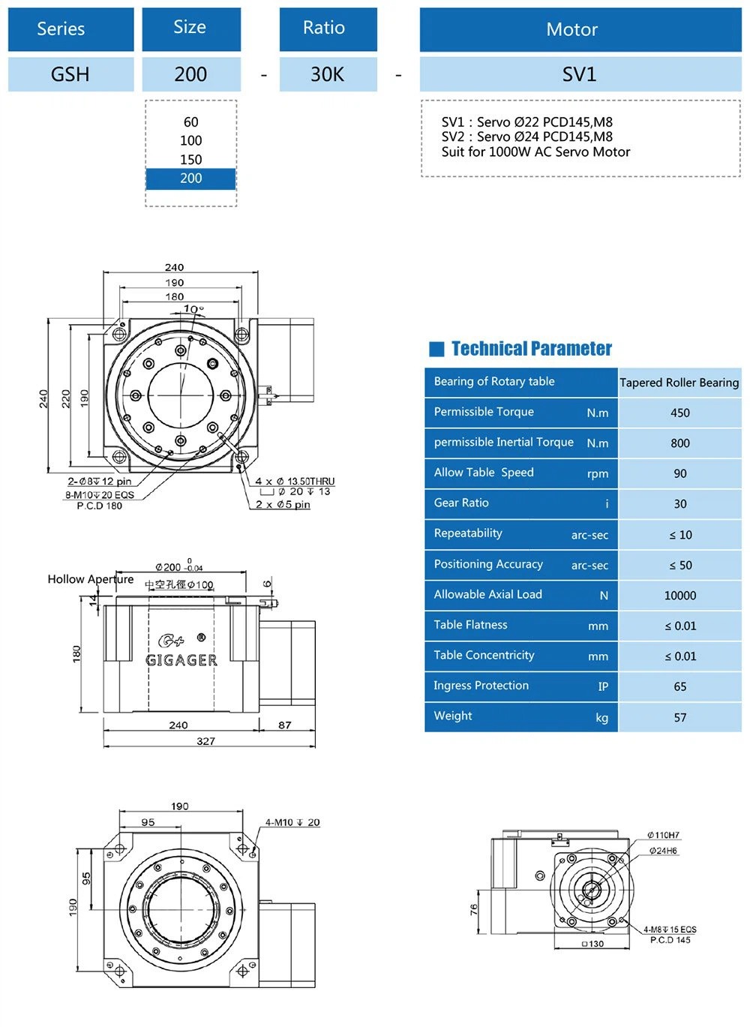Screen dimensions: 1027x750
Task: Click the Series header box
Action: (70, 29)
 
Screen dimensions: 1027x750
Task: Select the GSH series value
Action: (70, 74)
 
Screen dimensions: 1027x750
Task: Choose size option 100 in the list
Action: (190, 140)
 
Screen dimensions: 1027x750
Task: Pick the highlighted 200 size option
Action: (190, 179)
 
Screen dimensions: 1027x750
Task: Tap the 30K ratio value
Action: (328, 74)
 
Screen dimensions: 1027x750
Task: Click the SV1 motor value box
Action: (580, 74)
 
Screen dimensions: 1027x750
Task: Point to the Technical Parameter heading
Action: (531, 349)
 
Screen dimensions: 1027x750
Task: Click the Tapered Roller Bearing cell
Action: (679, 383)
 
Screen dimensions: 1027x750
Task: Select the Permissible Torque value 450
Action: (679, 413)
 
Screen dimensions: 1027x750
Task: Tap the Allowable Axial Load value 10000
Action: (679, 596)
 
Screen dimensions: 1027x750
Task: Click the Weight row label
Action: (453, 716)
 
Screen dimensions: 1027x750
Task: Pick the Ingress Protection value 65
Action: (679, 686)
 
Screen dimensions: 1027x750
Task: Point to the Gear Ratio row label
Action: (461, 503)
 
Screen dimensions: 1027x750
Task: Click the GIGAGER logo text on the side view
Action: (181, 660)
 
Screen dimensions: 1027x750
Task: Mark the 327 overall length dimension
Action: (205, 741)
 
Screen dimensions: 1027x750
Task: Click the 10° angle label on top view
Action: (193, 309)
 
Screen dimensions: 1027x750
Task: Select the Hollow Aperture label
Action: (90, 579)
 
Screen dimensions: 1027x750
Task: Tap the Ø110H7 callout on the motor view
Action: (664, 835)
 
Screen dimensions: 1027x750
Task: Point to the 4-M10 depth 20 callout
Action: (292, 822)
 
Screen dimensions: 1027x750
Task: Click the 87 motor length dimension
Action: (284, 725)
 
